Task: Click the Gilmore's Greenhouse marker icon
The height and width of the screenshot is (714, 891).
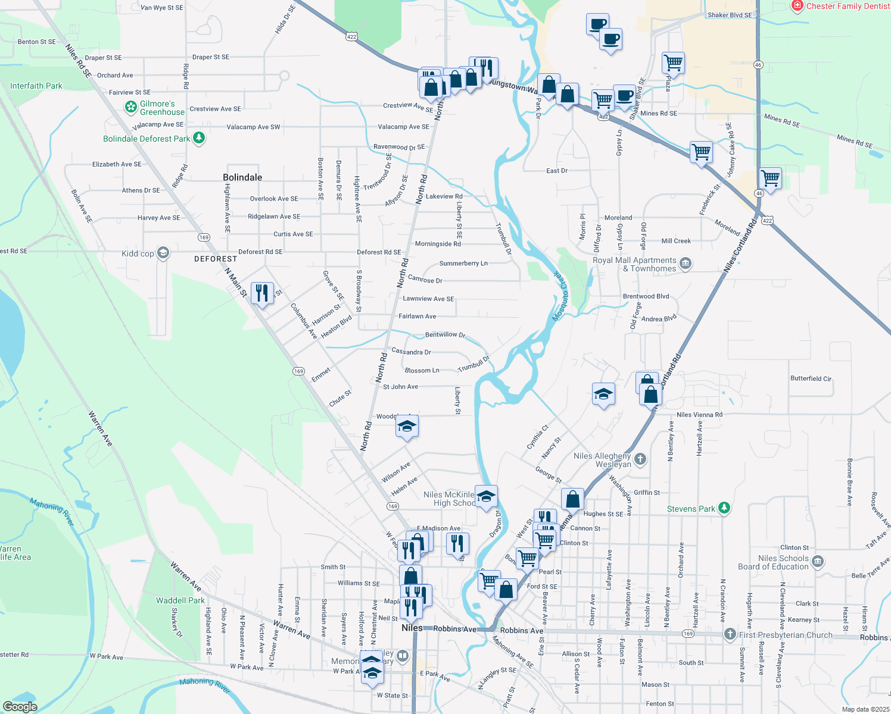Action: coord(131,107)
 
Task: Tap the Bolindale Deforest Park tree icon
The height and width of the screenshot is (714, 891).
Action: coord(199,138)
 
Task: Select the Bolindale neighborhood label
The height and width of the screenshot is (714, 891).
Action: coord(242,177)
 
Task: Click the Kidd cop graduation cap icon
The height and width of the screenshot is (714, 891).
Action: coord(163,253)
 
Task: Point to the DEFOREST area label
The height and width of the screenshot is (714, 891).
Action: coord(216,259)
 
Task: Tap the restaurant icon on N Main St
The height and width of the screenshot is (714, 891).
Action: coord(262,293)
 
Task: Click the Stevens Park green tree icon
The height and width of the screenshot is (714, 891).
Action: coord(724,508)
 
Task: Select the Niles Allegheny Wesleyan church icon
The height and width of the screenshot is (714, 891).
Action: coord(640,459)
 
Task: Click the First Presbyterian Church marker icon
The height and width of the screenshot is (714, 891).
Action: coord(730,634)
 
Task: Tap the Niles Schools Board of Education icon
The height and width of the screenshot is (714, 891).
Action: coord(818,561)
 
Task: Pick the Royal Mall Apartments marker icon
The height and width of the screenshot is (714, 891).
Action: coord(686,263)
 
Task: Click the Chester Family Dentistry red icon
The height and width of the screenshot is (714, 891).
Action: coord(797,6)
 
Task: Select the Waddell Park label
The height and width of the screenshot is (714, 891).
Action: coord(180,600)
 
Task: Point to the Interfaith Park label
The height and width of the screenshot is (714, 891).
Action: coord(36,86)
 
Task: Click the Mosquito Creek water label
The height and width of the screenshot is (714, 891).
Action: coord(560,296)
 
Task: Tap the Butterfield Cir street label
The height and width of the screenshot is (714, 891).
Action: coord(811,378)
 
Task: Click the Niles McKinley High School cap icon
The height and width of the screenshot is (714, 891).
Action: coord(486,496)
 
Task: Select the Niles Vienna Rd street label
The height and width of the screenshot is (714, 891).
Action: coord(699,415)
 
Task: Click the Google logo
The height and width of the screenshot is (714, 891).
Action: coord(20,706)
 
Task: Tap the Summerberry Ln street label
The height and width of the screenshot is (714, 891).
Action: coord(463,263)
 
